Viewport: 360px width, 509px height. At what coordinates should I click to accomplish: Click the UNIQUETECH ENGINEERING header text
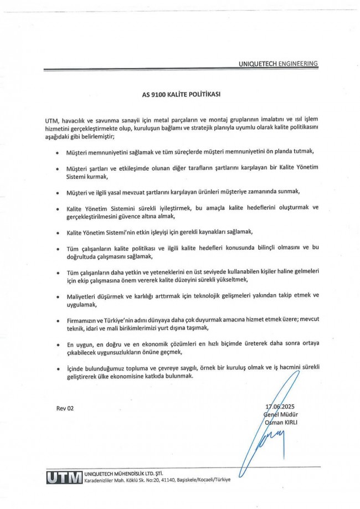pos(278,64)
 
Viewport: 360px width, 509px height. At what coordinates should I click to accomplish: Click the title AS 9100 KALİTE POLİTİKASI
pos(181,94)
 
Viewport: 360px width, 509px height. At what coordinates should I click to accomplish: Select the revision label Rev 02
pos(65,409)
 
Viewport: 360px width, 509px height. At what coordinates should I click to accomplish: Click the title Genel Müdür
pos(282,415)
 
